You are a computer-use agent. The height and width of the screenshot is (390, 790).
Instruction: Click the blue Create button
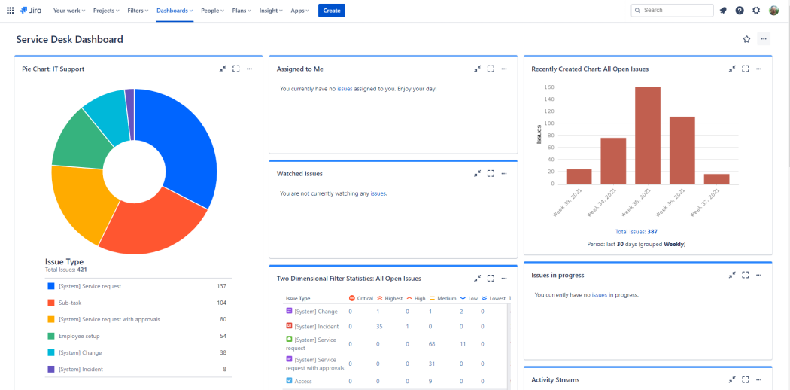[331, 11]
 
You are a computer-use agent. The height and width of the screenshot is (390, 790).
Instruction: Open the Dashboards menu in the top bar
[175, 11]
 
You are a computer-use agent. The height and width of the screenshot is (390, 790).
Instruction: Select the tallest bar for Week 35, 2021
[648, 136]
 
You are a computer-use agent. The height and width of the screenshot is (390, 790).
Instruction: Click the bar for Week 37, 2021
[716, 178]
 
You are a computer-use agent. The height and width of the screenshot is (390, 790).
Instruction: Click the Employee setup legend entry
[79, 336]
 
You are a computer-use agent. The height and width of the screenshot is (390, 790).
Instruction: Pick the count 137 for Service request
[221, 286]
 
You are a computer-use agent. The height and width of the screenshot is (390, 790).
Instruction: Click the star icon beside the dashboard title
[746, 39]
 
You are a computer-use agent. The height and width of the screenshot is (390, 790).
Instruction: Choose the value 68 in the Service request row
[431, 343]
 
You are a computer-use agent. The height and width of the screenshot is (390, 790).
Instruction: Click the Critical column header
[361, 298]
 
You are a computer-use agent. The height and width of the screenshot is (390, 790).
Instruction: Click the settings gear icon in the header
[756, 11]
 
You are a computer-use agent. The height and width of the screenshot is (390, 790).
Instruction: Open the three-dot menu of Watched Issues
[504, 173]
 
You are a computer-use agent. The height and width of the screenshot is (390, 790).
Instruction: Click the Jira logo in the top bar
[30, 11]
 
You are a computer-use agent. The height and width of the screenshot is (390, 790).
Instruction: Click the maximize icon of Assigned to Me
[491, 69]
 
